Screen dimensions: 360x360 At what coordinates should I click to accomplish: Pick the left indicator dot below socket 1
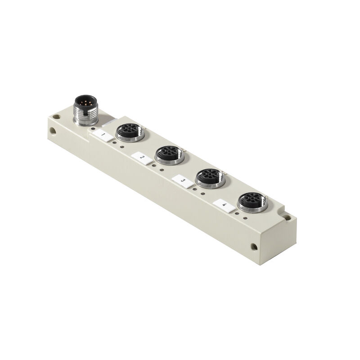click(114, 143)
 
